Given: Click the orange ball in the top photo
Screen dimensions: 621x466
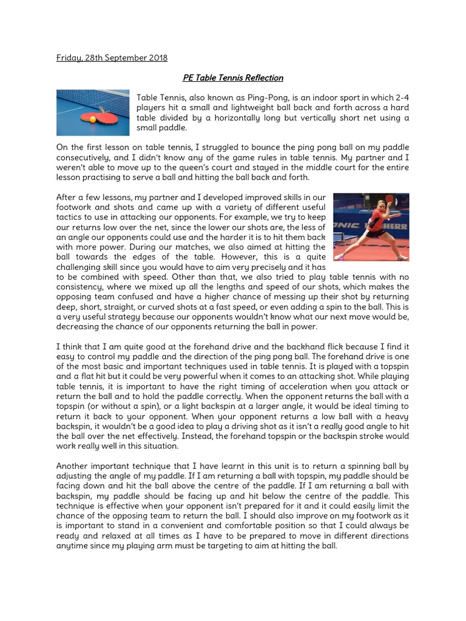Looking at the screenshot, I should (93, 119).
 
